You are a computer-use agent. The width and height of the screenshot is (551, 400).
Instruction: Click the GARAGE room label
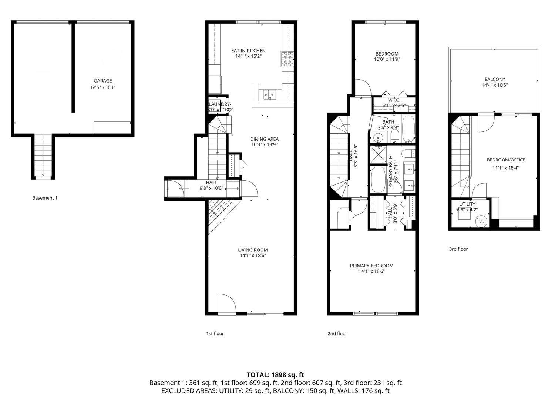pyautogui.click(x=103, y=81)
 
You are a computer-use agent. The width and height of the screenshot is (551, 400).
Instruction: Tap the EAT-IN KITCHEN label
pyautogui.click(x=248, y=51)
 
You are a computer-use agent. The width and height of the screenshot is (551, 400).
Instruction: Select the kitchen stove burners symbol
pyautogui.click(x=287, y=59)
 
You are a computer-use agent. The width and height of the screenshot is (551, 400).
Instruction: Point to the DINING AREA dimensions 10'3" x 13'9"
pyautogui.click(x=264, y=145)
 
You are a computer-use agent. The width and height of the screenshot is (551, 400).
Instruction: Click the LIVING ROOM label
pyautogui.click(x=253, y=250)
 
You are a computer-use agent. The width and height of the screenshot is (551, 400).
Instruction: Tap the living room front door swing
pyautogui.click(x=226, y=304)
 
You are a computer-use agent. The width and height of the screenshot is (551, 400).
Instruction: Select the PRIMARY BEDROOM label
pyautogui.click(x=372, y=266)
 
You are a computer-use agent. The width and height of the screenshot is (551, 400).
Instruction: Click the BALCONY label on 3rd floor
pyautogui.click(x=494, y=79)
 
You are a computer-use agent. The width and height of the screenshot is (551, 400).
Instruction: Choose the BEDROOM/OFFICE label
pyautogui.click(x=505, y=160)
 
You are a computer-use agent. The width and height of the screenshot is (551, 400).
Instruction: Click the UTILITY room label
pyautogui.click(x=467, y=204)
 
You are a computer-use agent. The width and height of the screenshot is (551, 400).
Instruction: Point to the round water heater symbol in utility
pyautogui.click(x=481, y=221)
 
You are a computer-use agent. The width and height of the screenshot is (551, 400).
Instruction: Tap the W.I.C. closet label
pyautogui.click(x=394, y=100)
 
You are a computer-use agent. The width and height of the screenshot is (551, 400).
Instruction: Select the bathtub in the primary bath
pyautogui.click(x=378, y=180)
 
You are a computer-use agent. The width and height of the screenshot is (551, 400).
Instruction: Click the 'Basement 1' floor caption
pyautogui.click(x=45, y=198)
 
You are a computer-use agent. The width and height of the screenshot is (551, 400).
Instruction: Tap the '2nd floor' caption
pyautogui.click(x=337, y=334)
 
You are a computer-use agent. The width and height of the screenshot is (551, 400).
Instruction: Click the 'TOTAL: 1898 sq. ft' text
pyautogui.click(x=275, y=375)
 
